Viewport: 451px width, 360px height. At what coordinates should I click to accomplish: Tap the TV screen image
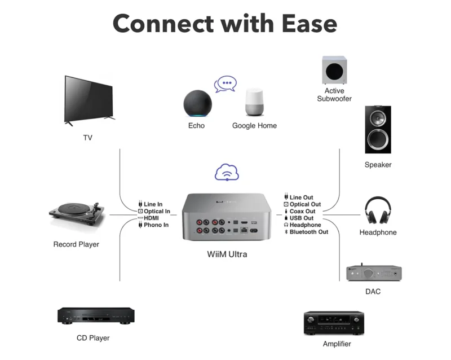click(x=89, y=99)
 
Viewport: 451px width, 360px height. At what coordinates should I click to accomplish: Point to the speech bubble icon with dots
click(x=225, y=85)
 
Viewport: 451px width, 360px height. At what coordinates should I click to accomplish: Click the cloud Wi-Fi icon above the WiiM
click(x=227, y=172)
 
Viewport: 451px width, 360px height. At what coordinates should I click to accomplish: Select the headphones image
click(x=378, y=211)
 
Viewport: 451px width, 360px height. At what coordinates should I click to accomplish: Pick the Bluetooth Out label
click(x=308, y=232)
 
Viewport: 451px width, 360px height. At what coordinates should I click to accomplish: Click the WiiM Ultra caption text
click(x=227, y=254)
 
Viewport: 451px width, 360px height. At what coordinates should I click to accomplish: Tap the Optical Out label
click(x=304, y=204)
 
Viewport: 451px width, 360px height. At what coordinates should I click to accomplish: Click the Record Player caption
click(x=76, y=244)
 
